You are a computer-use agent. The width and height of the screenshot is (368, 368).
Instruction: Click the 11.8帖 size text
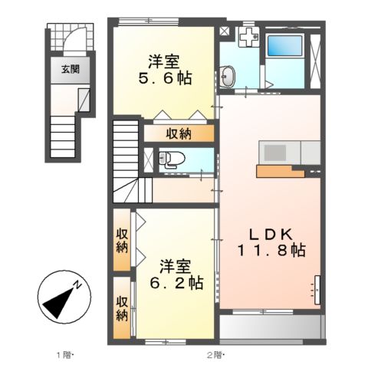coord(270,251)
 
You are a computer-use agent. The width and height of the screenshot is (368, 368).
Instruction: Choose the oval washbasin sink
coord(228,76)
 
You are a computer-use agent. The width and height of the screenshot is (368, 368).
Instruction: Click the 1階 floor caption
coord(64,354)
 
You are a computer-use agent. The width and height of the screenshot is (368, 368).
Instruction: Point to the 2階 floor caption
coord(215,354)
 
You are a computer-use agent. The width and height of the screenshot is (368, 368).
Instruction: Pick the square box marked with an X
coord(224,32)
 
